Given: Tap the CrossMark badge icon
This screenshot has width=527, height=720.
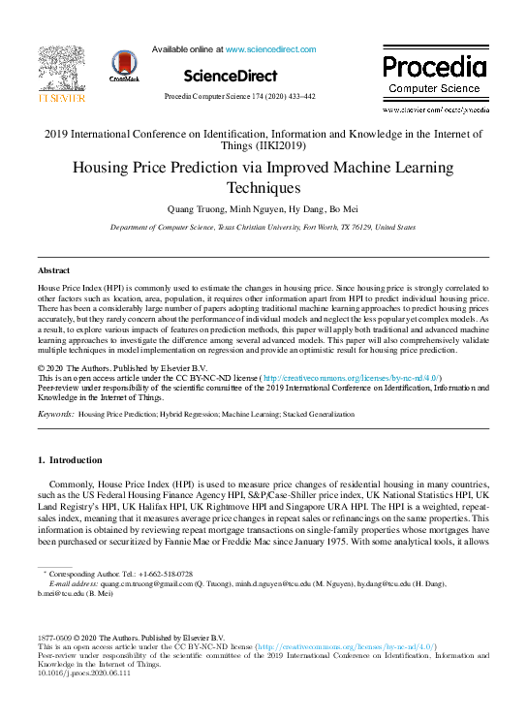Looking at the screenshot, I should (125, 66).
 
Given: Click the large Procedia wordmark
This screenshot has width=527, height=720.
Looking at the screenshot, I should (433, 67).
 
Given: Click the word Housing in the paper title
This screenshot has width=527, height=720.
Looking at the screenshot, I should (105, 168).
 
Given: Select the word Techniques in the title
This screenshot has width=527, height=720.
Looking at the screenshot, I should (263, 188).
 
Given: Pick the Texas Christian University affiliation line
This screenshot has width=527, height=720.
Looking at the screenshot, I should (263, 227).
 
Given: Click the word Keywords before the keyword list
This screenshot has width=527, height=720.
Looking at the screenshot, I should (55, 414).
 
